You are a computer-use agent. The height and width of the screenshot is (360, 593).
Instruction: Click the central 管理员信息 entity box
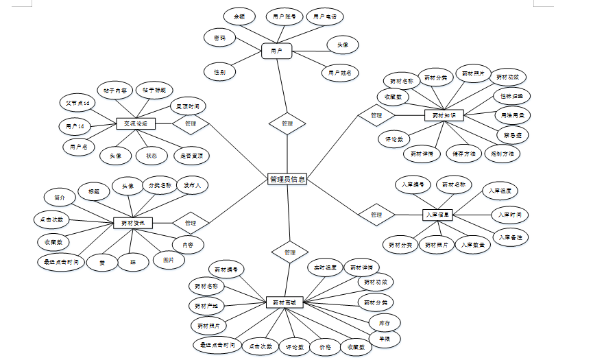(x=287, y=180)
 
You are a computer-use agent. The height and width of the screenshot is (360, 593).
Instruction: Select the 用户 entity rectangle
(x=277, y=51)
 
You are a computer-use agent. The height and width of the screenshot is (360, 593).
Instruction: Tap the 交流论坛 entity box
(x=136, y=124)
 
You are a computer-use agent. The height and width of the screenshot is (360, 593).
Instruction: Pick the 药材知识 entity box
(x=444, y=116)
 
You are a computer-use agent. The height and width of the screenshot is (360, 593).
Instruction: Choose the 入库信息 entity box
(x=437, y=215)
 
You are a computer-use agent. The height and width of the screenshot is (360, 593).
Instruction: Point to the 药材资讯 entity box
(x=132, y=223)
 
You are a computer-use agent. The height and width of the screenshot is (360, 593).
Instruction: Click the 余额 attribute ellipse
(x=239, y=15)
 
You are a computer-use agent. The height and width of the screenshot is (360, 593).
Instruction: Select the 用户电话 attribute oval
(x=324, y=16)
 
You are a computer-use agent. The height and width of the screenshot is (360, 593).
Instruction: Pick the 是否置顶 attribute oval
(x=191, y=156)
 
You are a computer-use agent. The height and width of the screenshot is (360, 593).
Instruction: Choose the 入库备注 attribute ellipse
(x=513, y=237)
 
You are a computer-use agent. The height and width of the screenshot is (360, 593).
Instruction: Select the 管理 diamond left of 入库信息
(x=376, y=215)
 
